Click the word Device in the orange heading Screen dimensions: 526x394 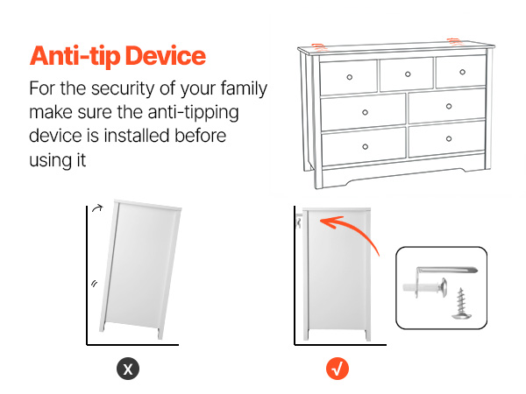coord(166,56)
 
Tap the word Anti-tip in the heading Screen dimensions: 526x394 coord(75,56)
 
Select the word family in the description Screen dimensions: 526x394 coord(244,89)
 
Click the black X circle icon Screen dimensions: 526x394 coord(128,369)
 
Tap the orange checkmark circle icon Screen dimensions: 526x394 coord(338,369)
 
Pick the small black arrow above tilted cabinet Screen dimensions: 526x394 coord(97,208)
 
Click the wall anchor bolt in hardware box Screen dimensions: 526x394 coord(424,287)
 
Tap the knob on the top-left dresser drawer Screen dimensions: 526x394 coord(350,77)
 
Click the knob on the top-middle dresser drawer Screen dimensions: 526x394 coord(408,74)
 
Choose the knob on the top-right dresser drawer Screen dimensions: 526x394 coord(463,72)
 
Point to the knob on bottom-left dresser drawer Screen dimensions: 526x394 coord(366,146)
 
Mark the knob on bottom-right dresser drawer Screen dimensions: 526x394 coord(449,138)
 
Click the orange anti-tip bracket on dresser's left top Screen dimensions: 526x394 coord(319,47)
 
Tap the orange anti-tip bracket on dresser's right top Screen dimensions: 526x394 coord(455,42)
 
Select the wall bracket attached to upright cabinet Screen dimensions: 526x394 coord(299,222)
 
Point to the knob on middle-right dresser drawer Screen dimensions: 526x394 coord(449,106)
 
